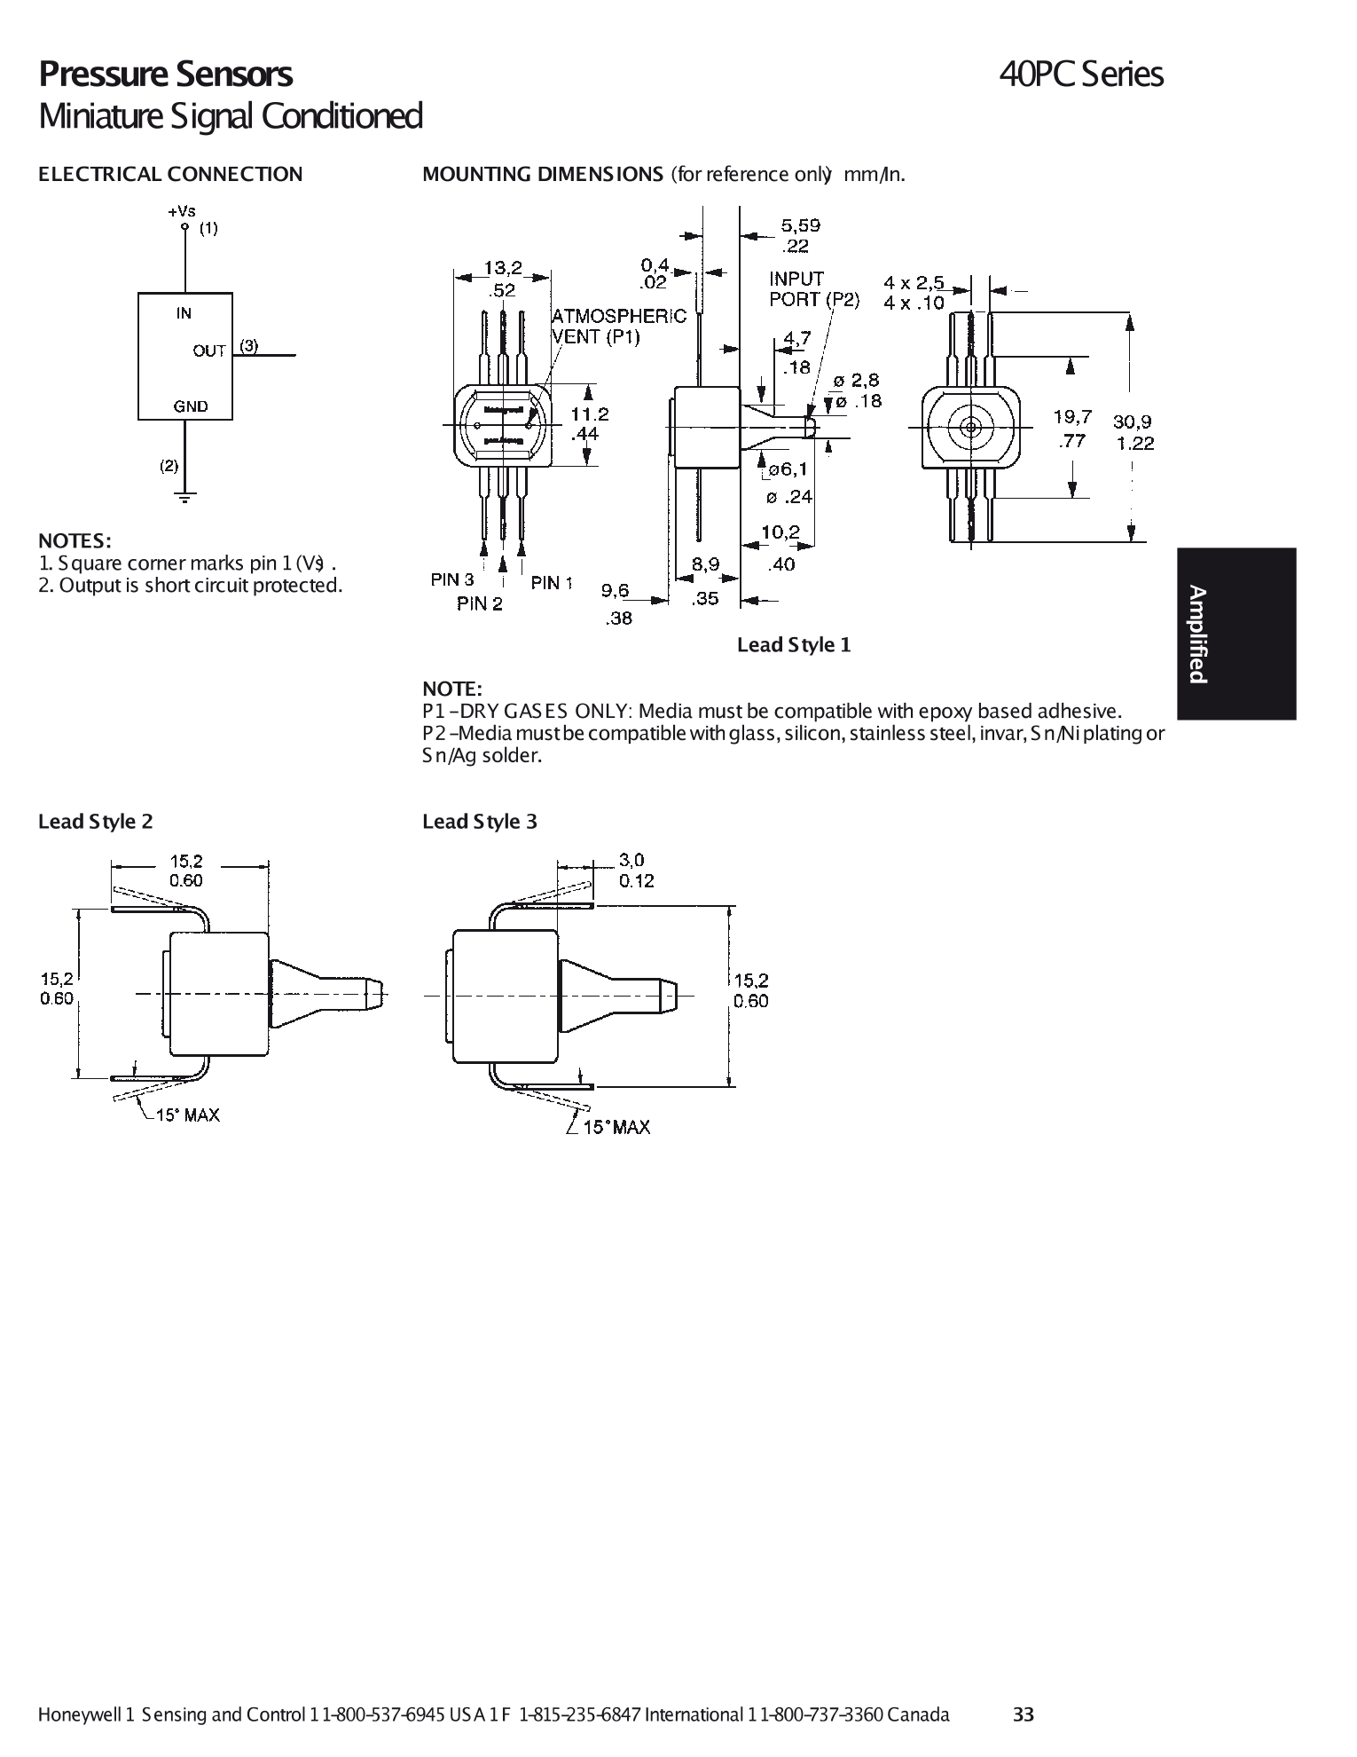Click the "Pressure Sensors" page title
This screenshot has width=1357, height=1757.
tap(165, 75)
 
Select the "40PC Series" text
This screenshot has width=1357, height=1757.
tap(1080, 75)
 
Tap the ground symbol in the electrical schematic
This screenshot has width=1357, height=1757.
tap(185, 497)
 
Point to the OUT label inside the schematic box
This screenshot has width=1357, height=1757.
tap(209, 351)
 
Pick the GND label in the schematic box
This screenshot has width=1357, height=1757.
tap(190, 406)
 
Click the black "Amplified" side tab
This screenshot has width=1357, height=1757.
tap(1236, 634)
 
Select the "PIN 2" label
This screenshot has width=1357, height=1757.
tap(480, 604)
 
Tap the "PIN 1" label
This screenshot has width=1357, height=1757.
tap(552, 582)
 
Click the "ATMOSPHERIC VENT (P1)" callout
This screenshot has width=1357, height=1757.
tap(618, 327)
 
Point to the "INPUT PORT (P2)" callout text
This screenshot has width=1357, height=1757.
tap(813, 289)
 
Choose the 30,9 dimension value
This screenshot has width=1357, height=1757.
tap(1133, 422)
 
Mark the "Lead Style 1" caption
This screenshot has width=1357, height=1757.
tap(794, 645)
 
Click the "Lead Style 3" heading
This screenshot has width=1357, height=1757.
tap(480, 822)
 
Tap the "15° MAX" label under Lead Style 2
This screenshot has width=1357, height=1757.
tap(187, 1115)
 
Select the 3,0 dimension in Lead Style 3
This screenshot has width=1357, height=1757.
tap(631, 859)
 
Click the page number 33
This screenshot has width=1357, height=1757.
tap(1024, 1714)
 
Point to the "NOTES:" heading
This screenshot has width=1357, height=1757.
tap(75, 540)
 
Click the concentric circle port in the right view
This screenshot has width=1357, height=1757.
tap(969, 427)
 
